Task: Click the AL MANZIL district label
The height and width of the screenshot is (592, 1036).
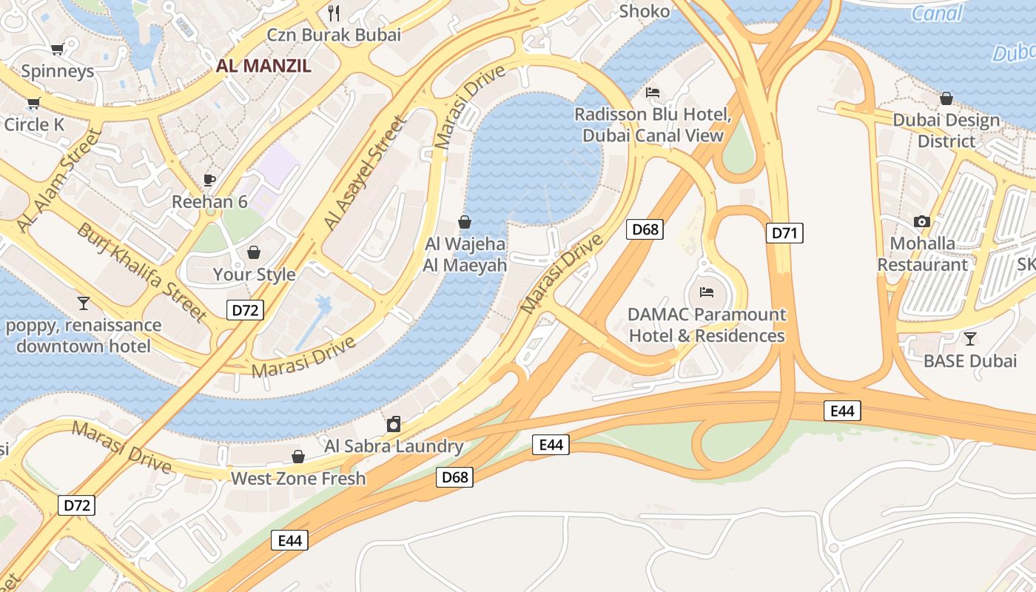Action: pyautogui.click(x=263, y=66)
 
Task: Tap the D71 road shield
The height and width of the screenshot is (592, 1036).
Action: pyautogui.click(x=784, y=234)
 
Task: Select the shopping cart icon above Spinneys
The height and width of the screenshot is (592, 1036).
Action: pyautogui.click(x=57, y=50)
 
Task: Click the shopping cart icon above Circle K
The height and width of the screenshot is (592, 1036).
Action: pyautogui.click(x=33, y=103)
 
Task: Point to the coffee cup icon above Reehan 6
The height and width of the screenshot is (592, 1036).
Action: pyautogui.click(x=209, y=180)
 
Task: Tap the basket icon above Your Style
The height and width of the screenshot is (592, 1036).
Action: pyautogui.click(x=254, y=253)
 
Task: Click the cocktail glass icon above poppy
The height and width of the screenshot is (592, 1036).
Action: pyautogui.click(x=83, y=303)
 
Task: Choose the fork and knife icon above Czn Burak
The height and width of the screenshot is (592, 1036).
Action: pyautogui.click(x=334, y=13)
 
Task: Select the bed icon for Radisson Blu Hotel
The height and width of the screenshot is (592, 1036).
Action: pyautogui.click(x=653, y=92)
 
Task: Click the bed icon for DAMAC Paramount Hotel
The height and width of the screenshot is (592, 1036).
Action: pyautogui.click(x=707, y=292)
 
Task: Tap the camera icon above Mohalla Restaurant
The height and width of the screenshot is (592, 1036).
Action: pyautogui.click(x=922, y=221)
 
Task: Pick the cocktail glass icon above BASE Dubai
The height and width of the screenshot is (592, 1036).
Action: pyautogui.click(x=970, y=339)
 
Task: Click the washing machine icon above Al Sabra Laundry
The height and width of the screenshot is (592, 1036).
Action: pyautogui.click(x=394, y=424)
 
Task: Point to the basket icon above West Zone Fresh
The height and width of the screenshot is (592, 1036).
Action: pyautogui.click(x=298, y=457)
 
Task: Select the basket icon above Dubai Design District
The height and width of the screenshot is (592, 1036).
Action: pyautogui.click(x=946, y=98)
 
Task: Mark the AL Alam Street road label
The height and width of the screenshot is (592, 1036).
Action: pyautogui.click(x=59, y=180)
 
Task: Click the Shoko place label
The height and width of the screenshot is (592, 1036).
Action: pyautogui.click(x=644, y=11)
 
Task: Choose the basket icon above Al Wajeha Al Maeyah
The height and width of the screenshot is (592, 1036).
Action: pyautogui.click(x=465, y=221)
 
